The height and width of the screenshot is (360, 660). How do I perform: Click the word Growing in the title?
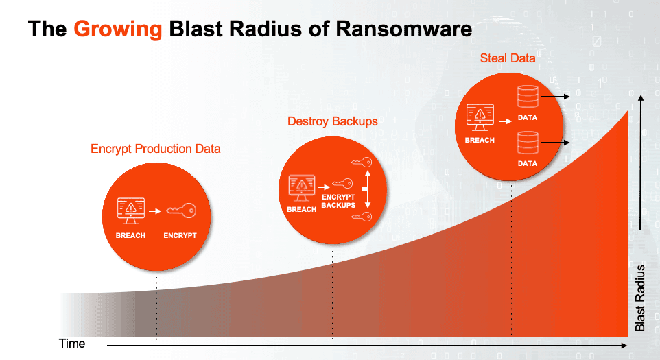pos(118,29)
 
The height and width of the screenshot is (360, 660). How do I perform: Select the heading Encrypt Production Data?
pos(156,149)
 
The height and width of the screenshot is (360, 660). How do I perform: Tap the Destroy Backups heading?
pos(333,121)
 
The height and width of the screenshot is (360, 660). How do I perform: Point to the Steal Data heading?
pos(508,58)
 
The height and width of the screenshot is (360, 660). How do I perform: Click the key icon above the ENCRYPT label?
pos(180,211)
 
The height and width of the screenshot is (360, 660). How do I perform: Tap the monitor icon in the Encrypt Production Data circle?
pos(130,211)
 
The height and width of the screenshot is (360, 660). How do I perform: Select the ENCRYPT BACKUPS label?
pos(339,201)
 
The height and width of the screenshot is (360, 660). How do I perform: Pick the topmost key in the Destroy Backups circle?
pos(360,163)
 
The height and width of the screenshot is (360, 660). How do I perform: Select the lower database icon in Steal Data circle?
pos(527,143)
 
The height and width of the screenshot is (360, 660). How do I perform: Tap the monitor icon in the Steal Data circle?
pos(480,117)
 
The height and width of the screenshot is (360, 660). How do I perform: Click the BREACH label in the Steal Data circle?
pos(480,140)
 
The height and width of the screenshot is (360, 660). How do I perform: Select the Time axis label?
pos(72,343)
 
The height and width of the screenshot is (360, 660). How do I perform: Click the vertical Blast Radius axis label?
pos(641,298)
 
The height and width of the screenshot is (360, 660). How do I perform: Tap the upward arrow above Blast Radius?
pos(641,165)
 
